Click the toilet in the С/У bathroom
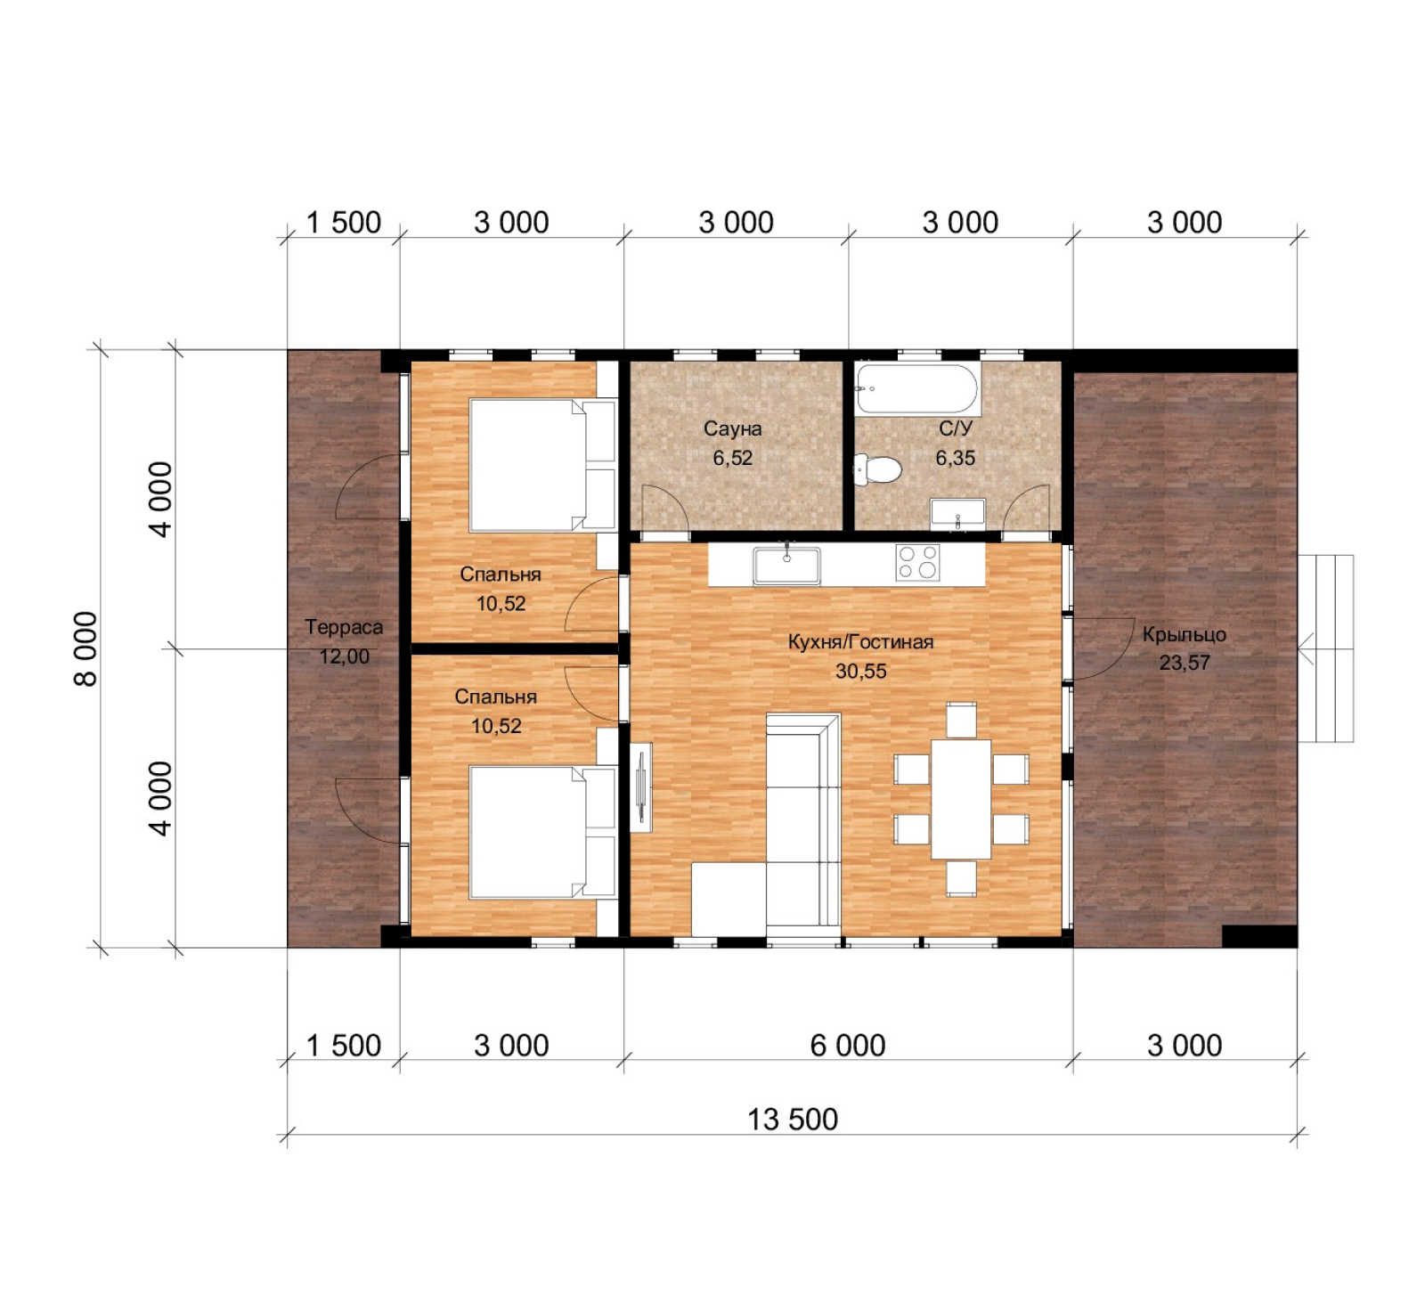tap(877, 469)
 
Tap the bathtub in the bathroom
tap(917, 388)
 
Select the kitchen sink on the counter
tap(786, 566)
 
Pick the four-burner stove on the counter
tap(917, 563)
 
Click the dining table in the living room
tap(961, 799)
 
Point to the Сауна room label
tap(732, 428)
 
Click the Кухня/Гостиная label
tap(860, 641)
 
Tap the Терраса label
tap(344, 627)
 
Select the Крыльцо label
tap(1184, 634)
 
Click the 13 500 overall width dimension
tap(793, 1119)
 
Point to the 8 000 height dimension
tap(85, 648)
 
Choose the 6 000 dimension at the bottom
tap(848, 1045)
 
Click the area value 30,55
tap(860, 672)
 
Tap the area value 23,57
tap(1184, 663)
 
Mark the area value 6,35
tap(955, 458)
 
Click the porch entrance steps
tap(1325, 648)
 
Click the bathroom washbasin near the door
tap(957, 513)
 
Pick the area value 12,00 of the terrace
tap(344, 656)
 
